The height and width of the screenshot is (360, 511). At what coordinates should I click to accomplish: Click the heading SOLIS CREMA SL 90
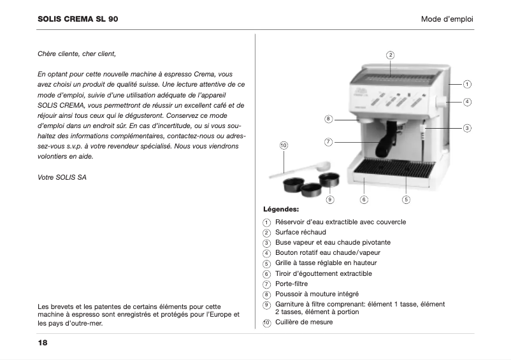pyautogui.click(x=78, y=19)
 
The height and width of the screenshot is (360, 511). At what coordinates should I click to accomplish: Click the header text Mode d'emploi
pyautogui.click(x=447, y=19)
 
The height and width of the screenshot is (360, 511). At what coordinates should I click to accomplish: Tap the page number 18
pyautogui.click(x=43, y=343)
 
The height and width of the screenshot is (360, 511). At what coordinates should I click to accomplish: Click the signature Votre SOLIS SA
pyautogui.click(x=62, y=176)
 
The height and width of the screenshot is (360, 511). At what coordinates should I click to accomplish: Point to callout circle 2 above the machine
pyautogui.click(x=391, y=54)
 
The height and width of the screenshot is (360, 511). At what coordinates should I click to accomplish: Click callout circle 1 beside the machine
pyautogui.click(x=467, y=84)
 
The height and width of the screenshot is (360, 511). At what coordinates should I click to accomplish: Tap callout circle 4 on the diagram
pyautogui.click(x=467, y=101)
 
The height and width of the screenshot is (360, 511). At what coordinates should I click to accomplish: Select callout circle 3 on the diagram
pyautogui.click(x=467, y=128)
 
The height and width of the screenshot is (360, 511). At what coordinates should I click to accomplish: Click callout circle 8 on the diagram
pyautogui.click(x=328, y=119)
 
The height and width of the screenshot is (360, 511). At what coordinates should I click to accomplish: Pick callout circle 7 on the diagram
pyautogui.click(x=328, y=141)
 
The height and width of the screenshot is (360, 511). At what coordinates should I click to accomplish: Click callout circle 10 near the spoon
pyautogui.click(x=284, y=146)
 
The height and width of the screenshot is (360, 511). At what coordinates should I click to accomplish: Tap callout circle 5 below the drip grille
pyautogui.click(x=406, y=199)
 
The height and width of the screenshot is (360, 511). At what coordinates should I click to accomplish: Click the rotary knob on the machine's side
pyautogui.click(x=440, y=102)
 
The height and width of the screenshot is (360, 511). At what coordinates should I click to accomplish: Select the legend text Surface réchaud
pyautogui.click(x=300, y=233)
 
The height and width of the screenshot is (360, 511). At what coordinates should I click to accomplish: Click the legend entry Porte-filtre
pyautogui.click(x=292, y=284)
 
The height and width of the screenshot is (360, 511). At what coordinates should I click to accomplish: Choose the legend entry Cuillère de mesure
pyautogui.click(x=303, y=322)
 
